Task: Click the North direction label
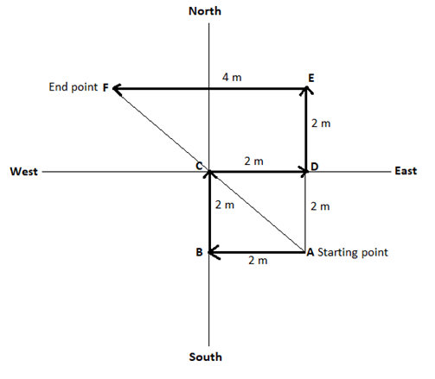click(205, 11)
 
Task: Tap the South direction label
click(205, 357)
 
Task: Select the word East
click(406, 171)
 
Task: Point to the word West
click(24, 172)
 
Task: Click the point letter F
click(106, 87)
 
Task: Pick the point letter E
click(311, 78)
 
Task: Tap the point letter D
click(315, 167)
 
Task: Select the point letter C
click(199, 166)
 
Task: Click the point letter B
click(199, 252)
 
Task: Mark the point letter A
click(310, 252)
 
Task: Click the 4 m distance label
click(232, 77)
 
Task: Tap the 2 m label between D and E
click(321, 123)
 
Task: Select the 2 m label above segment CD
click(253, 161)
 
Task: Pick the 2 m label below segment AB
click(258, 261)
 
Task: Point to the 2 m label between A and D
click(320, 206)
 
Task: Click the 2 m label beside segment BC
click(225, 205)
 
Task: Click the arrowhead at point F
click(116, 88)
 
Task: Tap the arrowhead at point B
click(214, 252)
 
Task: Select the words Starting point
click(353, 253)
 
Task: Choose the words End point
click(74, 87)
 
